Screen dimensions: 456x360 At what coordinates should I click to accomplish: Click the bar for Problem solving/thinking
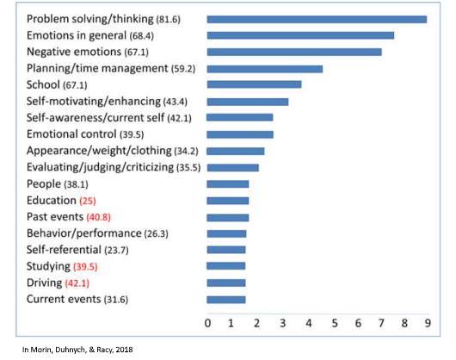tap(317, 20)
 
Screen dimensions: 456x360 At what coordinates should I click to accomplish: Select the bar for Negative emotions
tap(294, 52)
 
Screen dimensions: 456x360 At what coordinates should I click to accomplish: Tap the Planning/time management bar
tap(265, 69)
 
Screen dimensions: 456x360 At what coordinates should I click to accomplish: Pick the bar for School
tap(254, 84)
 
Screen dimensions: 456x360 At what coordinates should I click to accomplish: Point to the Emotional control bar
tap(240, 134)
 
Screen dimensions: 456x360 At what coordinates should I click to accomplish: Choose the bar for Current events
tap(226, 300)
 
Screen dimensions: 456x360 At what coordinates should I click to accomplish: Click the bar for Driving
tap(226, 282)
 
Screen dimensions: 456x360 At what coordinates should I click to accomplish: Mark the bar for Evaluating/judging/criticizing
tap(232, 168)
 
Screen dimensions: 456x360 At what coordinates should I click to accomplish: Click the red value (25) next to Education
tap(88, 201)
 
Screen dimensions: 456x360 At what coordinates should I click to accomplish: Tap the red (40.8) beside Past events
tap(99, 217)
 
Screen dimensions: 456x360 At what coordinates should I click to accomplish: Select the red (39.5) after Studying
tap(85, 267)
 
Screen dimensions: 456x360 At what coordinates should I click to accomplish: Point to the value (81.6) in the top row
tap(168, 20)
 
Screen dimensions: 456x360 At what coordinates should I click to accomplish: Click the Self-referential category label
tap(64, 250)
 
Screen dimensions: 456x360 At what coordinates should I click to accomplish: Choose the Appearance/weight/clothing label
tap(99, 151)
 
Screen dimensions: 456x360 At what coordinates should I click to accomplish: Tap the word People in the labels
tap(44, 184)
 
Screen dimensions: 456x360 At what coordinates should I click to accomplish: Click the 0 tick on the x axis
tap(207, 323)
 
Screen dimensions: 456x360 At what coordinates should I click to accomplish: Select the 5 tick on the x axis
tap(335, 323)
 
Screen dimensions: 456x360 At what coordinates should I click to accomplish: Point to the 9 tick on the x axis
tap(428, 323)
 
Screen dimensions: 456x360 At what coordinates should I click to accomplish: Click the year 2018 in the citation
tap(124, 350)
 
